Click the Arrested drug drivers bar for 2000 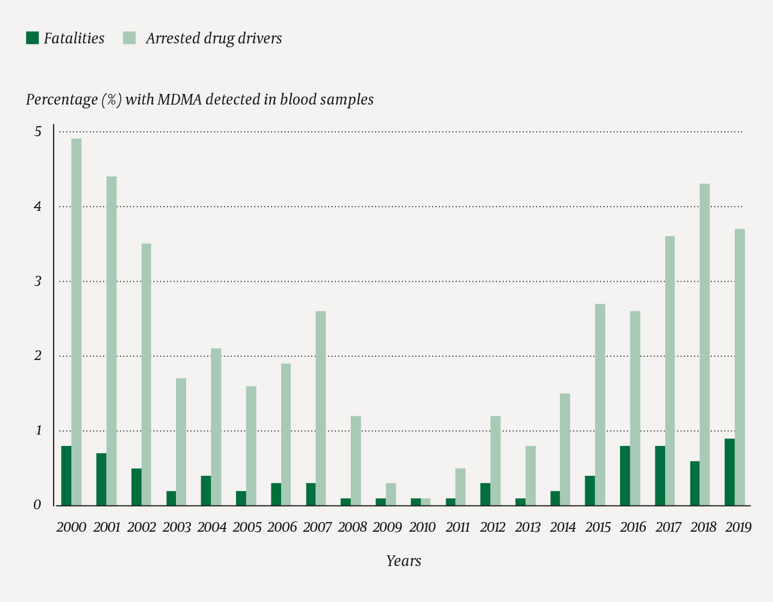(76, 322)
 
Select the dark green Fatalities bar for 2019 (730, 472)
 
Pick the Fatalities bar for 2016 (625, 476)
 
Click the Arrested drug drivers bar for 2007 (321, 408)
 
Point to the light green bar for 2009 (391, 495)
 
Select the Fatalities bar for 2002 (136, 487)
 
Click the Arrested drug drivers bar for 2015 (600, 405)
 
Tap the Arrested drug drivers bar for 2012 (495, 461)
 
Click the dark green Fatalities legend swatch (32, 38)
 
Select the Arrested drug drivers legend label (214, 38)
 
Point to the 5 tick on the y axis (38, 131)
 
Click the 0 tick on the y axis (38, 505)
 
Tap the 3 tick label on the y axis (38, 281)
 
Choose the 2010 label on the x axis (422, 527)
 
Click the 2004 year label (212, 527)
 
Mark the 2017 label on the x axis (668, 527)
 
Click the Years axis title (403, 561)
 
